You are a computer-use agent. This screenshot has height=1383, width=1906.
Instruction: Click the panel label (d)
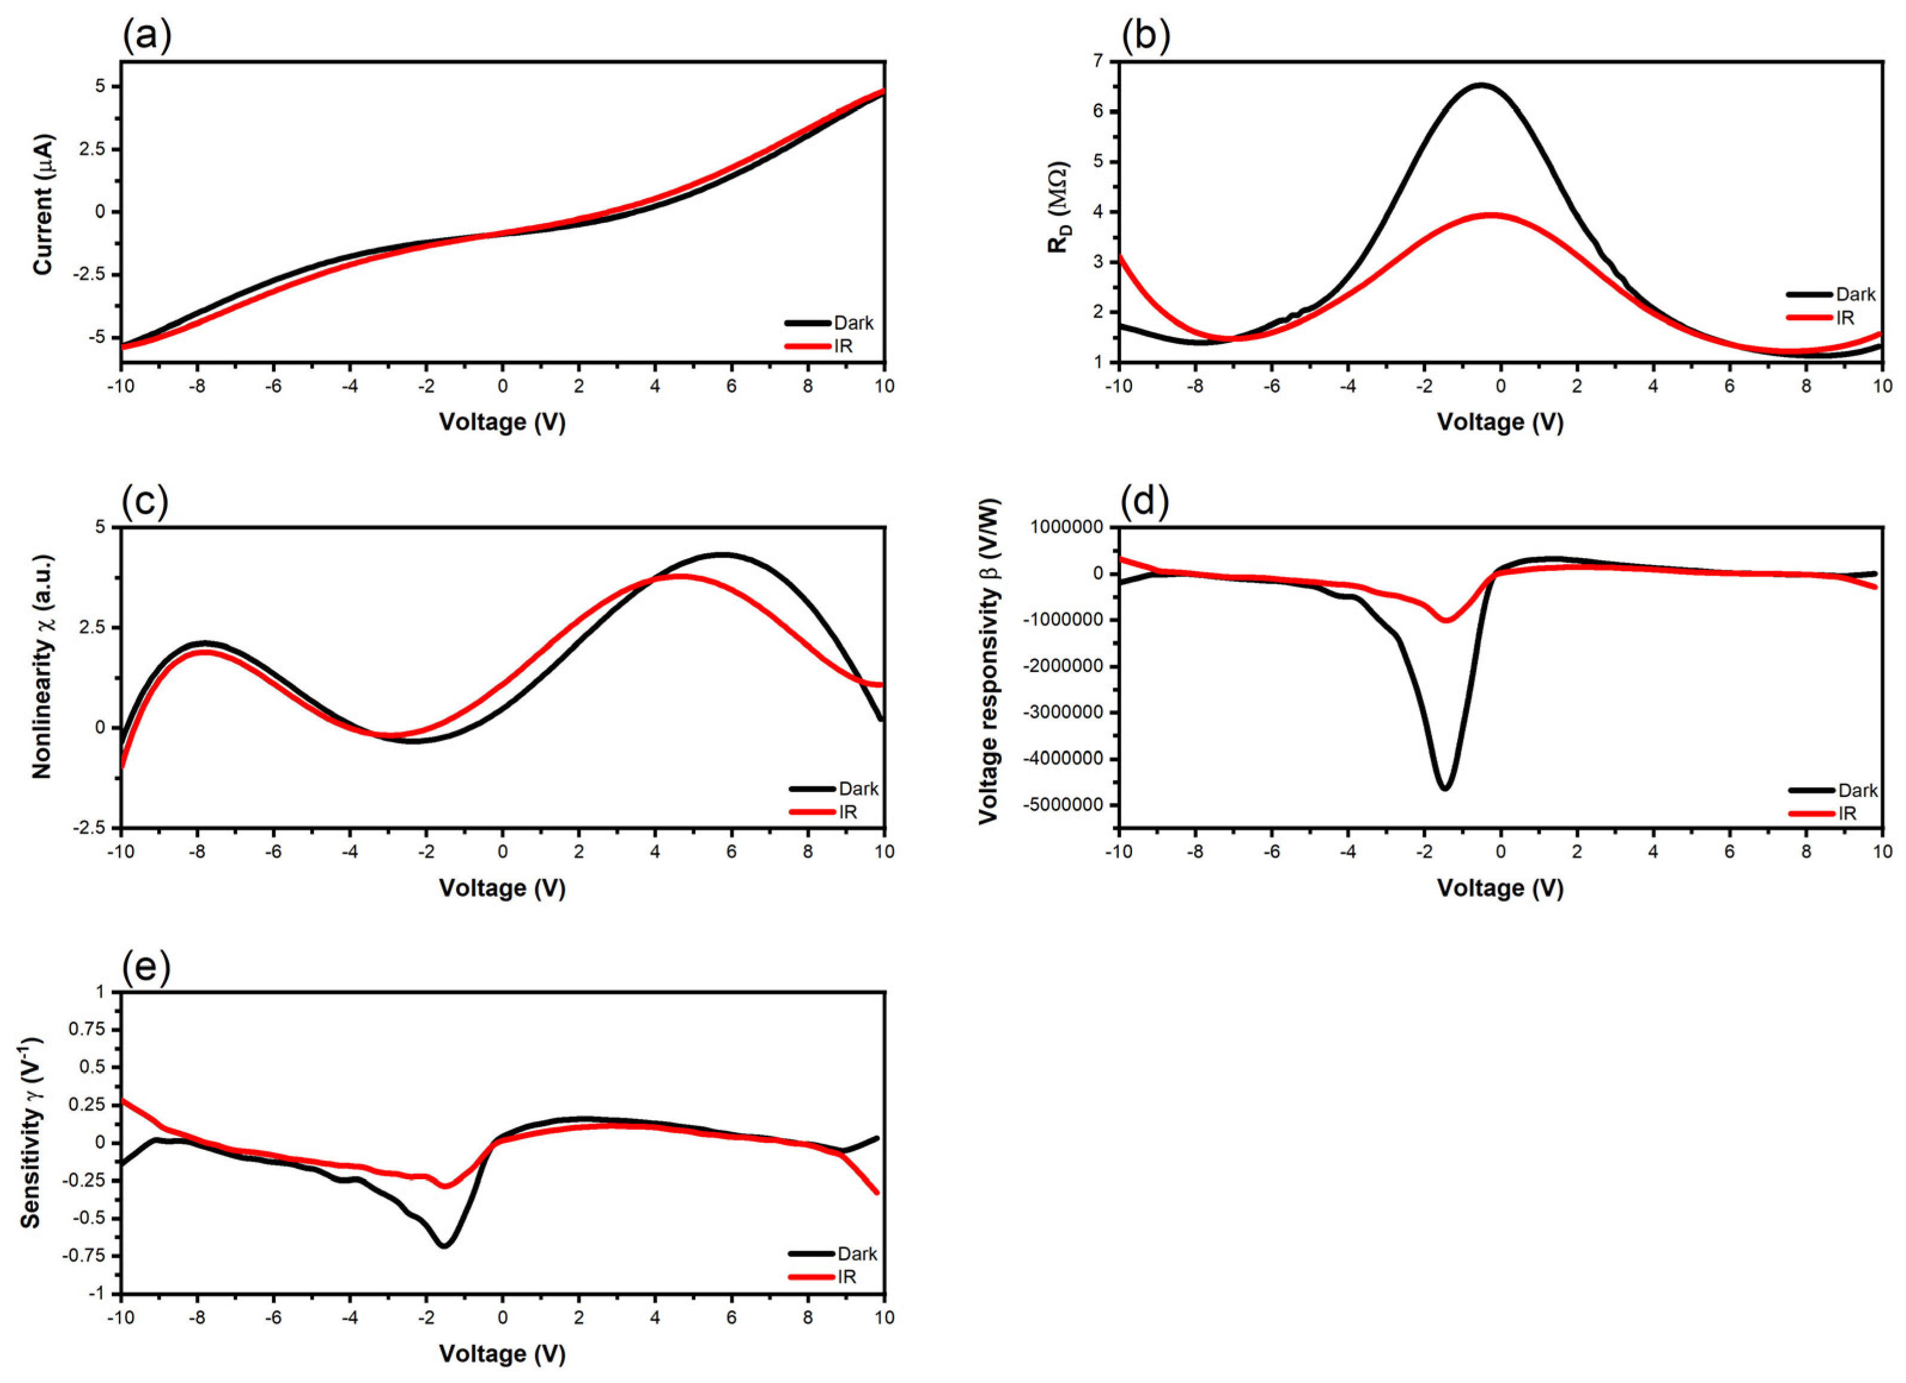tap(1145, 502)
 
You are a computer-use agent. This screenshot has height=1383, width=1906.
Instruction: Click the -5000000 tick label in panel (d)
tap(1061, 805)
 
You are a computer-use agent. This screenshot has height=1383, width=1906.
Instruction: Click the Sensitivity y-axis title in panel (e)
tap(32, 1131)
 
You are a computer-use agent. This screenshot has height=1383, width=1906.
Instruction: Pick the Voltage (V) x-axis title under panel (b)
tap(1500, 422)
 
